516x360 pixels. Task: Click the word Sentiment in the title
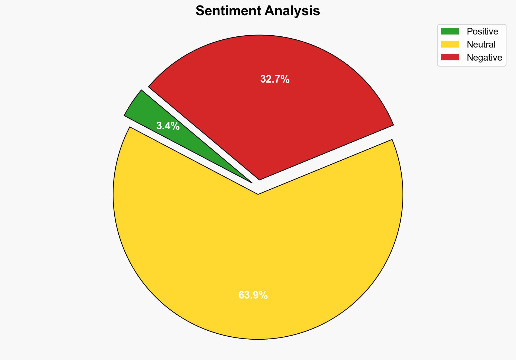(x=228, y=11)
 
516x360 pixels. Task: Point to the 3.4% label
(x=168, y=126)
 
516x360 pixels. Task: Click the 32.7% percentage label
(x=275, y=79)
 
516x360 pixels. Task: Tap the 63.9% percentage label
(x=253, y=295)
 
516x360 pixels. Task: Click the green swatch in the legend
(x=450, y=32)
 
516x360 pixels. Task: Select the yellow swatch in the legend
(x=450, y=44)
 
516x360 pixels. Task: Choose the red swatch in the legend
(x=450, y=57)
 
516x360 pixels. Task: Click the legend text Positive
(x=482, y=32)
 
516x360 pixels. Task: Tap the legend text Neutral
(x=481, y=45)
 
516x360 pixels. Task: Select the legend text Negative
(x=484, y=58)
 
